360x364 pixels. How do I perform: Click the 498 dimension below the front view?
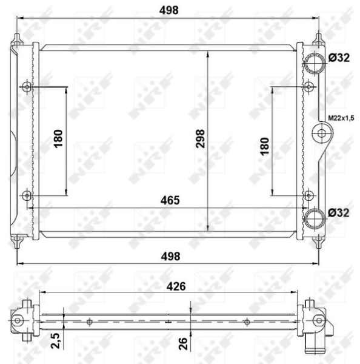(170, 256)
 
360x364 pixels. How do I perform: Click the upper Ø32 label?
(339, 59)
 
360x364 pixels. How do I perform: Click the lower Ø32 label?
(339, 213)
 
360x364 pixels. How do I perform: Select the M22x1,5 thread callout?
(341, 118)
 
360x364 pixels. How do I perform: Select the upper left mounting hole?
(26, 87)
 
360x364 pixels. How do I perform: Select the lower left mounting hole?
(26, 195)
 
